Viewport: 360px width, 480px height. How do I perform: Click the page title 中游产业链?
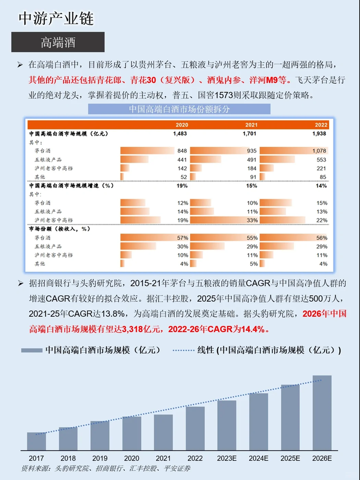coord(56,18)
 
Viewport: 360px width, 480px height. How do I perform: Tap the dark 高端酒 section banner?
coord(58,42)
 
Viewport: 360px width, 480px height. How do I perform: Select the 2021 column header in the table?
coord(250,124)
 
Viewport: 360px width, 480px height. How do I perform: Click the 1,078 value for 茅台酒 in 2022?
coord(318,151)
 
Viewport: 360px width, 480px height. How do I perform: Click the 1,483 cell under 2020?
coord(179,134)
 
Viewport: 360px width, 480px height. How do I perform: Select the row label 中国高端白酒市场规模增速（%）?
coord(71,185)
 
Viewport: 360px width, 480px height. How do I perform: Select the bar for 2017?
coord(37,442)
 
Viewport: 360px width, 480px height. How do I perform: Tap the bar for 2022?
coord(195,428)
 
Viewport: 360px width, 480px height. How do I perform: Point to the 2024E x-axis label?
coord(259,459)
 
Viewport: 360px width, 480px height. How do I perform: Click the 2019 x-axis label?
coord(100,459)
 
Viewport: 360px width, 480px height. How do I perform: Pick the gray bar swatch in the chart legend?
coord(31,350)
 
